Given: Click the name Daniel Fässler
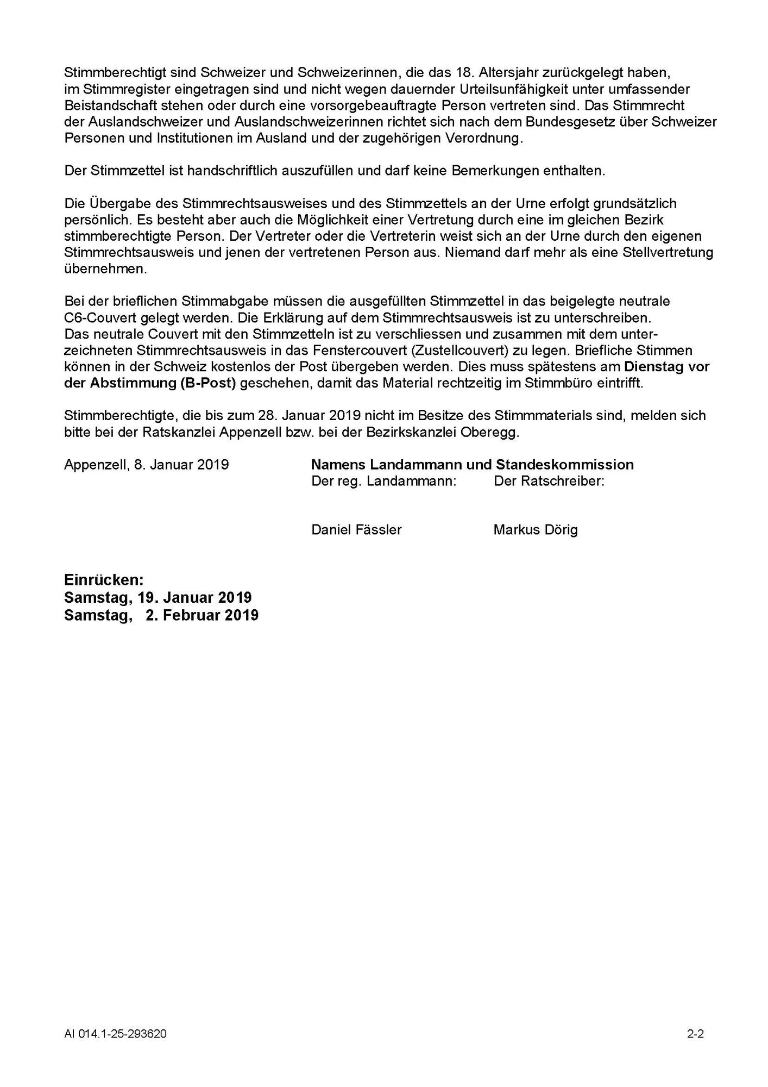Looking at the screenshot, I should pyautogui.click(x=356, y=530).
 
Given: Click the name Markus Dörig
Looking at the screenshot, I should pyautogui.click(x=536, y=530).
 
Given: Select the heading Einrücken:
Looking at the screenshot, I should pyautogui.click(x=104, y=579).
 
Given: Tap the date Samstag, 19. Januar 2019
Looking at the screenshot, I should pyautogui.click(x=158, y=597).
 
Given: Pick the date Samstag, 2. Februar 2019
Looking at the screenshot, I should pyautogui.click(x=161, y=615).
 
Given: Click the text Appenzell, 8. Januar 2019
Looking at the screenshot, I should pyautogui.click(x=146, y=465).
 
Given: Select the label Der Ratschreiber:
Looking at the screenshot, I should pyautogui.click(x=549, y=481).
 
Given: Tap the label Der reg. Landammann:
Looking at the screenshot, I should pyautogui.click(x=383, y=481).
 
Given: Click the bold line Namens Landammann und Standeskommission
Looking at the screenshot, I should pyautogui.click(x=472, y=465).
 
